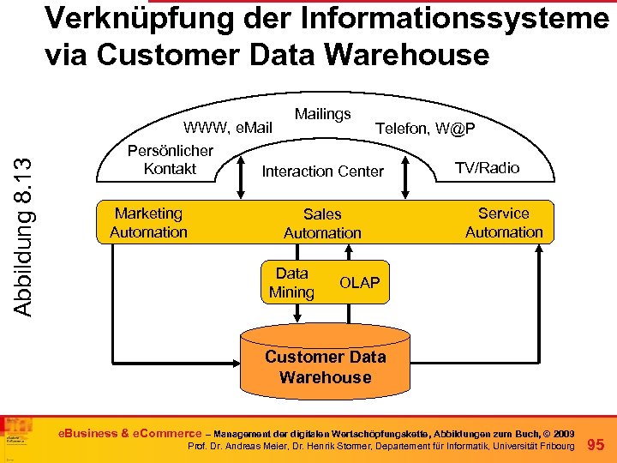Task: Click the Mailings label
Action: (322, 114)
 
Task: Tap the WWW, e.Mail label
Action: (228, 129)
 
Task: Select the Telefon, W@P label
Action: (426, 129)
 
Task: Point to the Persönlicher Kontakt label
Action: (170, 159)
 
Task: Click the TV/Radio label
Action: (487, 168)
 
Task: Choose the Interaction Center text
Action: (322, 171)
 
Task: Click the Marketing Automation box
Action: (149, 223)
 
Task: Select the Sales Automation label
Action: (322, 224)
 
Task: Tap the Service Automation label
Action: (504, 223)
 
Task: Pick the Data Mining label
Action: (291, 283)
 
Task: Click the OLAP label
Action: (360, 283)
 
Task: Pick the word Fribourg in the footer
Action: (551, 448)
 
